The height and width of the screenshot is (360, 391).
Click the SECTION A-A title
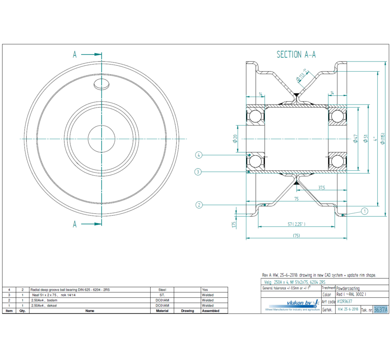point(296,54)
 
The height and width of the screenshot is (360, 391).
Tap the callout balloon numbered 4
point(199,155)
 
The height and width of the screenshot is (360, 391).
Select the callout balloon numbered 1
point(364,211)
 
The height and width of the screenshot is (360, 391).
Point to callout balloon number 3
point(199,172)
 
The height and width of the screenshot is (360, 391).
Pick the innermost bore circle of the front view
point(101,139)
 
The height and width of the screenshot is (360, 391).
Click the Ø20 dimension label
point(235,139)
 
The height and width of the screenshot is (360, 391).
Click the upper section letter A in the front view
point(75,54)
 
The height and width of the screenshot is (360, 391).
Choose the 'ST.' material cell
point(162,295)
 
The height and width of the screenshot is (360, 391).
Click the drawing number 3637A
point(380,310)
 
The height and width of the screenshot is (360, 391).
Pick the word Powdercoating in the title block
point(348,288)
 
